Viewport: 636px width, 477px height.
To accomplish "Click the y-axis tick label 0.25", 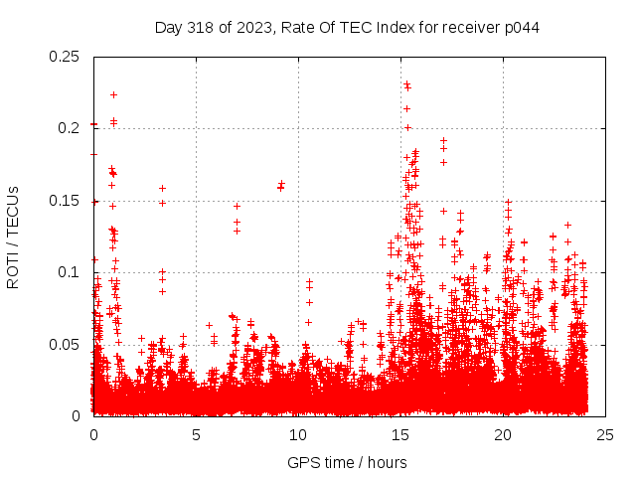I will point(66,57).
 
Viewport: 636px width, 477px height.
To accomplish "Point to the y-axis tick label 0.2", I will point(70,128).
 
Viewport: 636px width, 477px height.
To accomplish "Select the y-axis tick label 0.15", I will point(66,201).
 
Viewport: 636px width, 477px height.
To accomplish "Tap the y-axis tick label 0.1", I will point(70,272).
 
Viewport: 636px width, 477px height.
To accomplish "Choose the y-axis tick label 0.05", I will point(66,344).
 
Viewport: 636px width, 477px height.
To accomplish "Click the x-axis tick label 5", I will point(196,434).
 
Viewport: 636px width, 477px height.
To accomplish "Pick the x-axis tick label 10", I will point(298,434).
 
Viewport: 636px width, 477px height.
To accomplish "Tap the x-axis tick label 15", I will point(400,434).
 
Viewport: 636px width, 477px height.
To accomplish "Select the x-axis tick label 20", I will point(503,434).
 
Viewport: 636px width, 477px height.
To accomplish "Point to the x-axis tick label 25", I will point(605,434).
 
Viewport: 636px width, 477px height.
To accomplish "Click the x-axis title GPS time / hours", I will point(347,462).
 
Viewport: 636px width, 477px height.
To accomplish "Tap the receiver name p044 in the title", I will point(521,27).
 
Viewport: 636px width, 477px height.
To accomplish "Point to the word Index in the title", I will point(384,27).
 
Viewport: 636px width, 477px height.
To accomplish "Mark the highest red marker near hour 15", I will point(406,84).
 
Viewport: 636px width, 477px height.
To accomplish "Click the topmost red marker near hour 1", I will point(114,94).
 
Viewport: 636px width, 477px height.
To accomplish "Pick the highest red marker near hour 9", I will point(282,183).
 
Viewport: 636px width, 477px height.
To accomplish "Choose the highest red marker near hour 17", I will point(443,140).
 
